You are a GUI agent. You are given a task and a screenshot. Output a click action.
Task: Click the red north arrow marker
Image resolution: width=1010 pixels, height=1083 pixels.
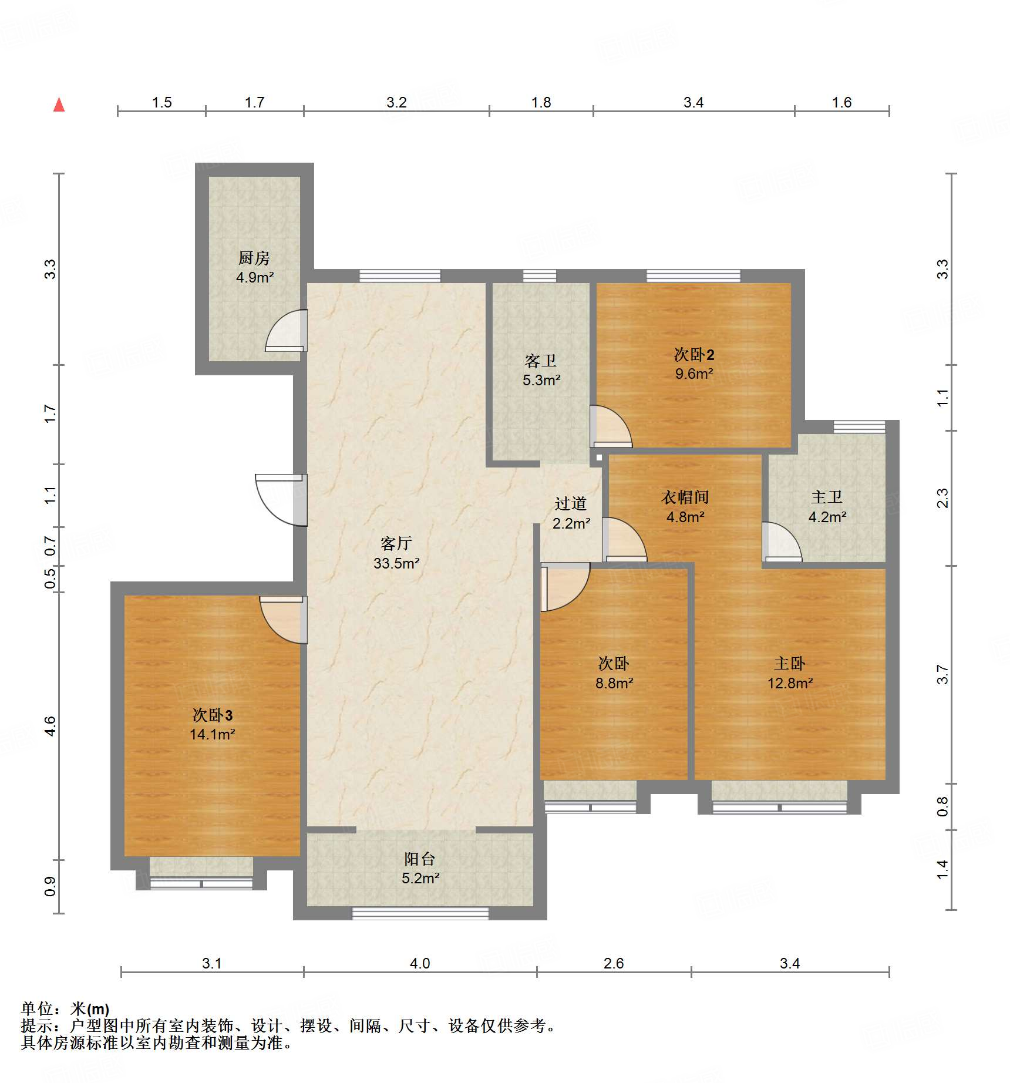tap(59, 105)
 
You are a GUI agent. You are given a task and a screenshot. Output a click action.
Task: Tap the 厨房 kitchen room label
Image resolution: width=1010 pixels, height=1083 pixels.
tap(254, 258)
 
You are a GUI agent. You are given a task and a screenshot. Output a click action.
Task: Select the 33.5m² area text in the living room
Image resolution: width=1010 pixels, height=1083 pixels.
tap(396, 563)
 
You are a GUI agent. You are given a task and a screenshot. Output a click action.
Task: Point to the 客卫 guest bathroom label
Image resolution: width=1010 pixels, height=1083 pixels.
tap(541, 361)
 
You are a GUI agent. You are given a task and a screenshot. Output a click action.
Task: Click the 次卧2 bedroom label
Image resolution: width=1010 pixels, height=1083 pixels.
tap(694, 354)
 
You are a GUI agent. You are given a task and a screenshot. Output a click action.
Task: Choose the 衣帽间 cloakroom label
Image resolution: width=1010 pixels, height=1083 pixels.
tap(685, 497)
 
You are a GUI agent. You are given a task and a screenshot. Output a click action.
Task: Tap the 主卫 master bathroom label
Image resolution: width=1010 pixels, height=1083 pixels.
tap(827, 497)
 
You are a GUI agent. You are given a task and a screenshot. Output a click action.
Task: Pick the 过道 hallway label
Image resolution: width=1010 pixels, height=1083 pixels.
tap(571, 503)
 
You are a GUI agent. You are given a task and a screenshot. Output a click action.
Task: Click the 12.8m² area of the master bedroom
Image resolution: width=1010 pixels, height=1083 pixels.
tap(790, 683)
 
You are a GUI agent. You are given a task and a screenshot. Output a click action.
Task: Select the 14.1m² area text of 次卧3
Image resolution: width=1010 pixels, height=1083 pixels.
tap(213, 734)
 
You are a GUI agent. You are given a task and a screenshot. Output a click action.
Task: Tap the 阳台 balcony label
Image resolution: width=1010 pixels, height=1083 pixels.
tap(420, 859)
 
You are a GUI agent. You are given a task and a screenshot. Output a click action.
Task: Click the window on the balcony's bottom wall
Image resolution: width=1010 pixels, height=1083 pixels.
tap(420, 913)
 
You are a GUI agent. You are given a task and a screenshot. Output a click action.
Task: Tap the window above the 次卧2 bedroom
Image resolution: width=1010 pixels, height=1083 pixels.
tap(693, 275)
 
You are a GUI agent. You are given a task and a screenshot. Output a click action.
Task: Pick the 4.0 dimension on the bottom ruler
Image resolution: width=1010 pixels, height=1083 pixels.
tap(420, 963)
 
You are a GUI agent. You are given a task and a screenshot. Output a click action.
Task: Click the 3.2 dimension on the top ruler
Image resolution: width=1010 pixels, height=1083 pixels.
tap(396, 102)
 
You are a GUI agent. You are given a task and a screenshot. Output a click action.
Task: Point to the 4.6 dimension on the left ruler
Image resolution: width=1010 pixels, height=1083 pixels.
tap(51, 726)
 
